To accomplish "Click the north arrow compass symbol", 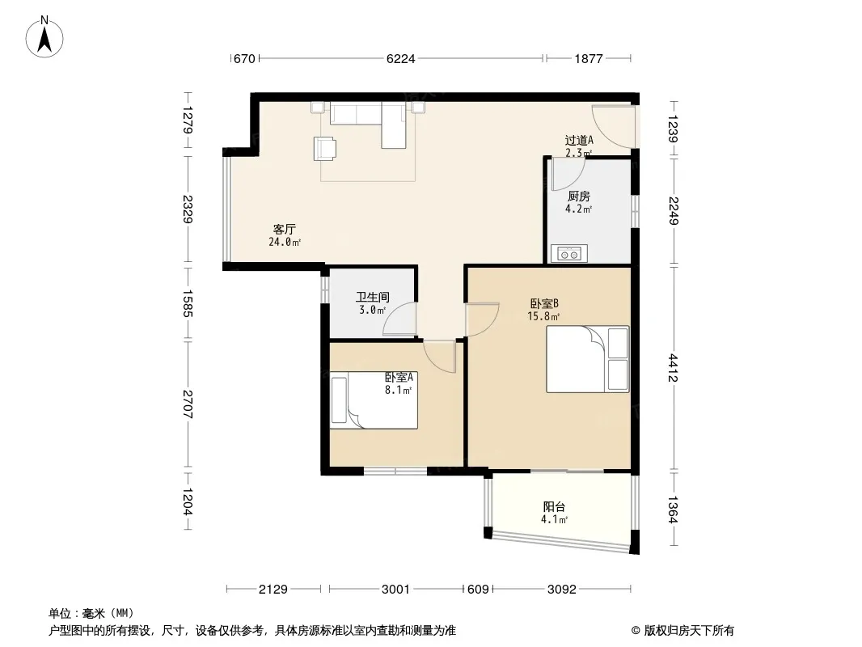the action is tap(44, 37).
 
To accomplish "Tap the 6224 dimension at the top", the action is tap(401, 58).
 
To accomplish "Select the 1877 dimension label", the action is tap(589, 58).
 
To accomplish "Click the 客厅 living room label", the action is tap(284, 229).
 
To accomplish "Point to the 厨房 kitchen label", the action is tap(578, 197).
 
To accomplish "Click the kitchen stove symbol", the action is tap(569, 253).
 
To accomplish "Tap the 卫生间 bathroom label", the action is tap(372, 298).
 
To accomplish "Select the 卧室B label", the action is tap(544, 303).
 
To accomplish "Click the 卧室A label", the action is tap(399, 378).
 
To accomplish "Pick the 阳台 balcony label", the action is tap(554, 507).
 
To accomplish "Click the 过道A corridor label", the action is tap(579, 141).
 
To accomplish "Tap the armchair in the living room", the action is tap(325, 149).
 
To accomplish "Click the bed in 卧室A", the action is tap(374, 401).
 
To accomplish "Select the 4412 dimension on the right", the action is tap(674, 368).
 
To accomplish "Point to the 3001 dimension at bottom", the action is tap(395, 590).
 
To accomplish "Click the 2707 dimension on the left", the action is tap(188, 404).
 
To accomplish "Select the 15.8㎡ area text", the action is tap(543, 317).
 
